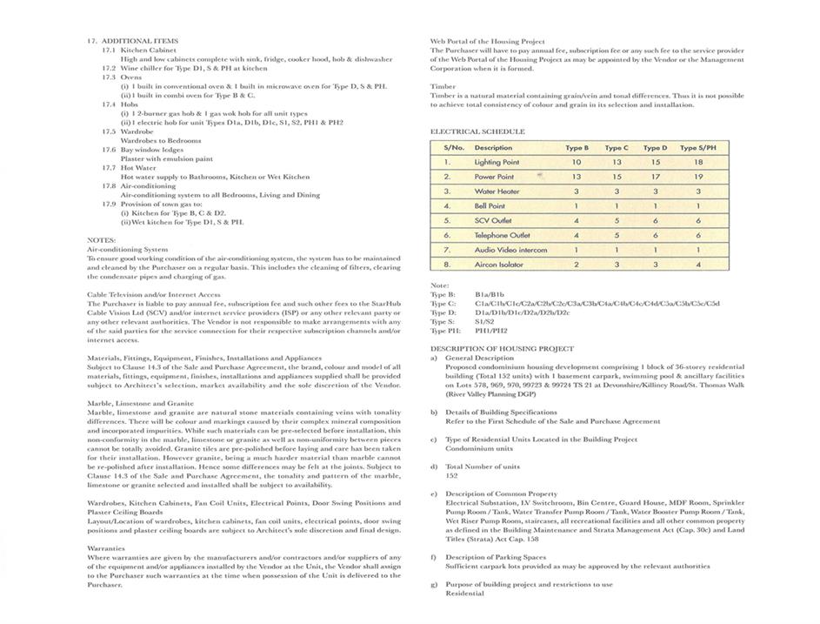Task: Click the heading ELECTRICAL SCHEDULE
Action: tap(477, 131)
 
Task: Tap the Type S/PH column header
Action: tap(697, 148)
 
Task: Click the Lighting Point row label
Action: tap(497, 162)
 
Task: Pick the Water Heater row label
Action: tap(497, 191)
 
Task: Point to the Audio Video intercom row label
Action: tap(510, 250)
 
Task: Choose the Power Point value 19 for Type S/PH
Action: tap(698, 177)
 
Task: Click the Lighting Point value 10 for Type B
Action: tap(576, 162)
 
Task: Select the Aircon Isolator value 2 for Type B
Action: tap(576, 265)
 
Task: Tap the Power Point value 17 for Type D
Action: tap(655, 177)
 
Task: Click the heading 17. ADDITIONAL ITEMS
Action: tap(132, 41)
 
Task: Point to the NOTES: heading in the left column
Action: tap(100, 239)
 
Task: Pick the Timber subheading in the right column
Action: tap(443, 86)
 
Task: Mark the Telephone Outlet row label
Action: tap(502, 235)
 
